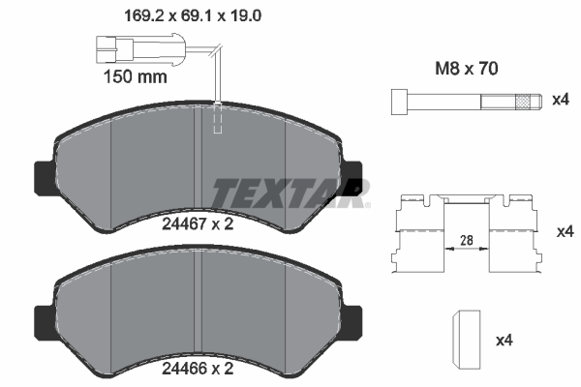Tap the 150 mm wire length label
134,74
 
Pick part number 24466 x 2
197,369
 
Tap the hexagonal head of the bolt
398,101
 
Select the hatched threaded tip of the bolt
526,101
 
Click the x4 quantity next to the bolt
559,101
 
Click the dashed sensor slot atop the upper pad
220,117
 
